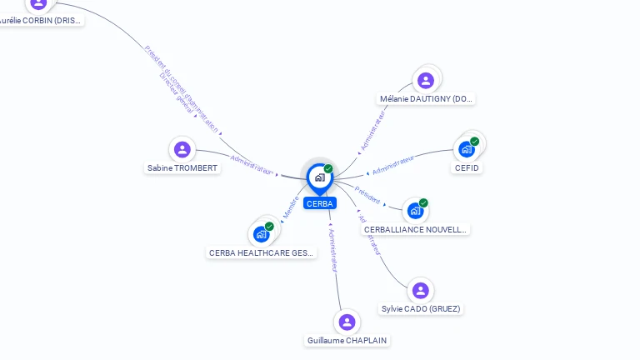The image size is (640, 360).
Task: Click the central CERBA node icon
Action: pos(319,177)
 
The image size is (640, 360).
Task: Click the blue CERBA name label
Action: pos(319,203)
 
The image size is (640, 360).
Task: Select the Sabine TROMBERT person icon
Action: pos(182,149)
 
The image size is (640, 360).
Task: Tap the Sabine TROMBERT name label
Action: pos(182,168)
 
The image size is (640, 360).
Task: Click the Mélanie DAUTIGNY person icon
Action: pos(426,80)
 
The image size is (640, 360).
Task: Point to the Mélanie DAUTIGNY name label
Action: pos(427,98)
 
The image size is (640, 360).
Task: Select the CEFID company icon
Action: pos(467,149)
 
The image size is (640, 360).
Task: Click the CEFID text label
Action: pos(467,167)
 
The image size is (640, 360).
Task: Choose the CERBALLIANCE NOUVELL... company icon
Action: pos(415,211)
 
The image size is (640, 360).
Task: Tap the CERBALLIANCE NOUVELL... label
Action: pos(416,229)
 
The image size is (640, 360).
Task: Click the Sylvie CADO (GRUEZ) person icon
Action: pos(420,290)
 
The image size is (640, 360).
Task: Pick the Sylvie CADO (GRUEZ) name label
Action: pos(421,308)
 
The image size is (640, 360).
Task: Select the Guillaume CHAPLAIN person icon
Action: pos(347,322)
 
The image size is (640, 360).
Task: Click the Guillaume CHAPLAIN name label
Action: pos(347,340)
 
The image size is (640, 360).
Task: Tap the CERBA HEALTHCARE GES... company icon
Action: pos(261,234)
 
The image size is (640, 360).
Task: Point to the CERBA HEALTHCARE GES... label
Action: pos(261,252)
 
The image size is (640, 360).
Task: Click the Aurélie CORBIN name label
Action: pos(41,20)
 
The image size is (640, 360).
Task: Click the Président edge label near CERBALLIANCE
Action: pos(367,195)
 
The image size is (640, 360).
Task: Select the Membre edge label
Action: pos(290,207)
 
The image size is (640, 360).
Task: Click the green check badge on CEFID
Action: pos(475,141)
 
